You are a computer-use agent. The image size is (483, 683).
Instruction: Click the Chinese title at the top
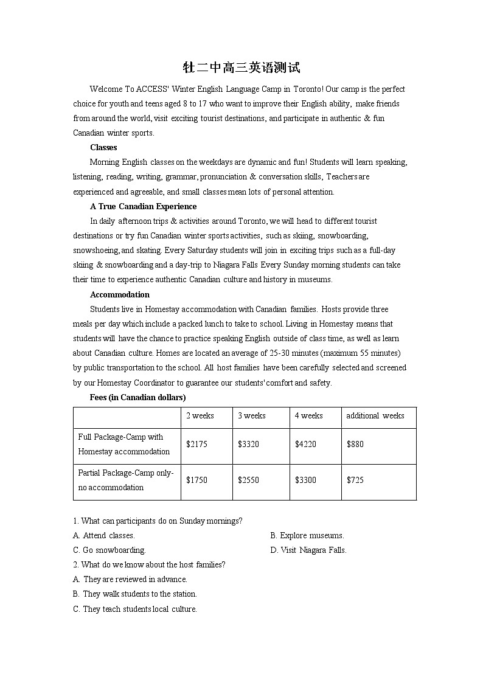click(241, 68)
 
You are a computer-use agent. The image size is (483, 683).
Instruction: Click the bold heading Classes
click(103, 147)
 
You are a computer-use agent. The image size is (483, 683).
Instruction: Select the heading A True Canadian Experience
click(143, 206)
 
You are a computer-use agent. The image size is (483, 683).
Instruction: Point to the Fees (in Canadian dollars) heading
click(138, 397)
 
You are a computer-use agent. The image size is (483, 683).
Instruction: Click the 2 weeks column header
click(200, 416)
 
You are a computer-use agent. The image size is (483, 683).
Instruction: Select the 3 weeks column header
click(251, 416)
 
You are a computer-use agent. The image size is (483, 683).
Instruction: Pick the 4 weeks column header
click(308, 416)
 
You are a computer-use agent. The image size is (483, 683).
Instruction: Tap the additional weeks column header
click(375, 416)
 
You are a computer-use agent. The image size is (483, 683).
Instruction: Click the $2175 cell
click(196, 444)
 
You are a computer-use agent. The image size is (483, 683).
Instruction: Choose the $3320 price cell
click(248, 444)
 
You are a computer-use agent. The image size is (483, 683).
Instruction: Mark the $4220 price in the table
click(305, 444)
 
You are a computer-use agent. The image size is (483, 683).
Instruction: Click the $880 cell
click(355, 444)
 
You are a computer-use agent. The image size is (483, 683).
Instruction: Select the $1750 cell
click(196, 480)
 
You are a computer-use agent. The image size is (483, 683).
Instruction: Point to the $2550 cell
click(248, 480)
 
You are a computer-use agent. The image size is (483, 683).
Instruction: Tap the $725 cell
click(355, 480)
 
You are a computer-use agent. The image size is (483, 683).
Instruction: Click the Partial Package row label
click(126, 480)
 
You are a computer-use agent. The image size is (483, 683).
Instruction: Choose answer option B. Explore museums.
click(307, 535)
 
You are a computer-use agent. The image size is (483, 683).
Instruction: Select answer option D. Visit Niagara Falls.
click(308, 550)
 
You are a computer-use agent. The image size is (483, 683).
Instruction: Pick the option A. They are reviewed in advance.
click(130, 579)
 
